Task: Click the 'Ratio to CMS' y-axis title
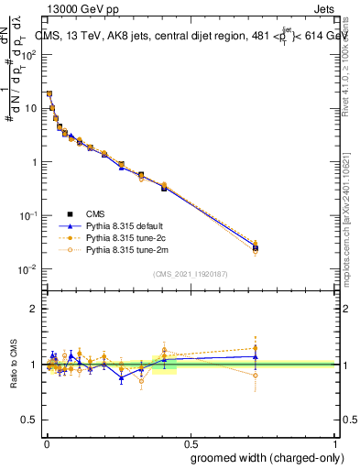click(x=14, y=364)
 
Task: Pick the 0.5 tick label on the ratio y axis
click(x=29, y=420)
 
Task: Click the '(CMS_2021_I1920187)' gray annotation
click(x=191, y=273)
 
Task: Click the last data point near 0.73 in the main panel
click(x=256, y=247)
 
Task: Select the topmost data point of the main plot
click(x=49, y=93)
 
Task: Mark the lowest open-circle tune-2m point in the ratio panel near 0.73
click(x=256, y=376)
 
